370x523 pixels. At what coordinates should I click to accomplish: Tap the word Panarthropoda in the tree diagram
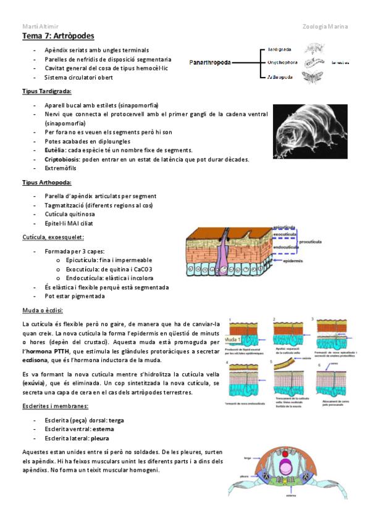coord(211,62)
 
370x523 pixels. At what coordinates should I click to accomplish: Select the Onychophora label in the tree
coord(282,62)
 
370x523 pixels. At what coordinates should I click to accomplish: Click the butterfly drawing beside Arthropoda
coord(311,77)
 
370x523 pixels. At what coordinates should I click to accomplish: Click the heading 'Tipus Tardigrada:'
coord(46,92)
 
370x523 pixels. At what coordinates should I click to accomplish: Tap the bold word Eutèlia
coord(55,150)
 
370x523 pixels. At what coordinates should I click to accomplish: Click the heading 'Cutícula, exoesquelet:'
coord(53,237)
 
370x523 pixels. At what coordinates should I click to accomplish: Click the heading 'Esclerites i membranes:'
coord(54,406)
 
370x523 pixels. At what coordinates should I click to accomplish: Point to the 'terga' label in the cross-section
coord(247,458)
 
